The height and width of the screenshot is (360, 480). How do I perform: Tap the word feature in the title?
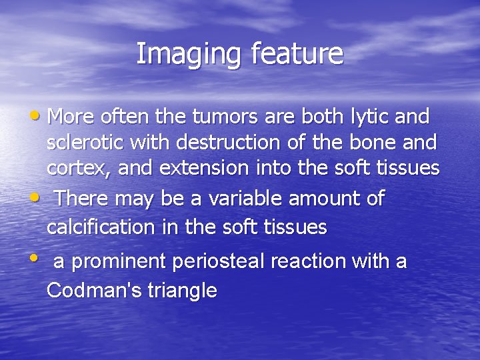click(297, 54)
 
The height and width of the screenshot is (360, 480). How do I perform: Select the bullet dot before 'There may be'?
click(41, 199)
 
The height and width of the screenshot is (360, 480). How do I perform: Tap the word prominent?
click(118, 262)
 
